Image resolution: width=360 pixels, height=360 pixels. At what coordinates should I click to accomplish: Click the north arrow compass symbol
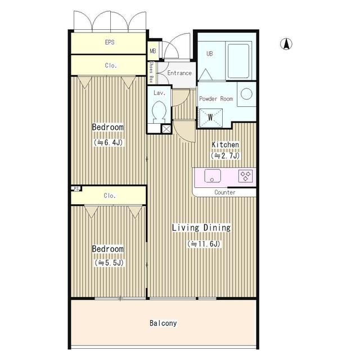[x=286, y=44]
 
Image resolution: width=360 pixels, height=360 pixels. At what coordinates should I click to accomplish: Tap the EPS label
[x=110, y=42]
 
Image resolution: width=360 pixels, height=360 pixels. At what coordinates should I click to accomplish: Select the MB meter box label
[x=153, y=51]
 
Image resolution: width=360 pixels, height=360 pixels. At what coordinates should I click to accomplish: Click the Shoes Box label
[x=151, y=72]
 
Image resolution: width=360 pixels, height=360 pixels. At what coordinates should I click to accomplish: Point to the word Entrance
[x=179, y=73]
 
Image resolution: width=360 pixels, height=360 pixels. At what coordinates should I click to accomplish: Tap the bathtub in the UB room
[x=238, y=61]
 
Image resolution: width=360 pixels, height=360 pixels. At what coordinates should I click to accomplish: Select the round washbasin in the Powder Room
[x=246, y=94]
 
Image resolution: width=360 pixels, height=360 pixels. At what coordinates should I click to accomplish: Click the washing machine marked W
[x=210, y=118]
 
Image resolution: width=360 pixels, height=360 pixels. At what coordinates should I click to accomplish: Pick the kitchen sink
[x=213, y=175]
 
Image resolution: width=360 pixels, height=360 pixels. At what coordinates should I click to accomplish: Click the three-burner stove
[x=245, y=176]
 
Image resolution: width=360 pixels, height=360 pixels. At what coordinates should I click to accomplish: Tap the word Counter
[x=225, y=192]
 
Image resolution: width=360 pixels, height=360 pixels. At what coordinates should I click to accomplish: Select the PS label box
[x=76, y=188]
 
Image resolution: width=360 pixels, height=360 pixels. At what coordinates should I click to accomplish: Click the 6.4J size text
[x=109, y=142]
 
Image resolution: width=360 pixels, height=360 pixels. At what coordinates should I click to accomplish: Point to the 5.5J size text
[x=109, y=263]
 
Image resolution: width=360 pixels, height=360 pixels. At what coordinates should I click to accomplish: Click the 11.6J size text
[x=204, y=244]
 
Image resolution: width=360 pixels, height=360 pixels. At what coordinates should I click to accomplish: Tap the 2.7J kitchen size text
[x=225, y=156]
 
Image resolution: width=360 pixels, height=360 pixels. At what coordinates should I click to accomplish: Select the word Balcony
[x=163, y=323]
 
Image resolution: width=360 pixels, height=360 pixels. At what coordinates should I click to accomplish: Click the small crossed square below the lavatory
[x=166, y=129]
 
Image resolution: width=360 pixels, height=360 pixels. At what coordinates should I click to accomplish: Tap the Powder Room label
[x=216, y=99]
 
